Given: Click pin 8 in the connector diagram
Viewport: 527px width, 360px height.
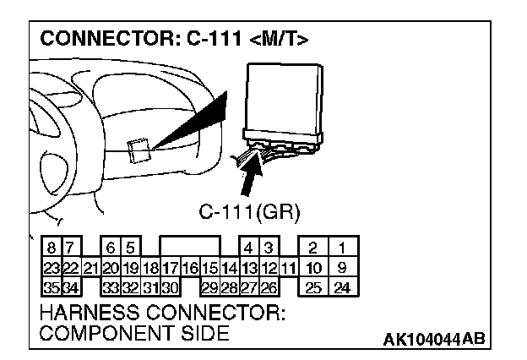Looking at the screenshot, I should [52, 248].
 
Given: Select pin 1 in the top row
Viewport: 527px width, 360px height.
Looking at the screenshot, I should [342, 248].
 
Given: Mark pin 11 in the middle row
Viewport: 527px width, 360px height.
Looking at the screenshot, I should [288, 267].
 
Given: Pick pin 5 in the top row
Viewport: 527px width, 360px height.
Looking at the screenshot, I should [131, 248].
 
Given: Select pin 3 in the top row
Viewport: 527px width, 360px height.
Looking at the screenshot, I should [268, 248].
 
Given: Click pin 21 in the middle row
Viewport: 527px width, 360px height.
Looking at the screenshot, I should [90, 267].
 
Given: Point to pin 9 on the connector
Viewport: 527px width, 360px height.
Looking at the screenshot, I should [342, 267].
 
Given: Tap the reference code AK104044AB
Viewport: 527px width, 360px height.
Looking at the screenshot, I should [434, 340].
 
